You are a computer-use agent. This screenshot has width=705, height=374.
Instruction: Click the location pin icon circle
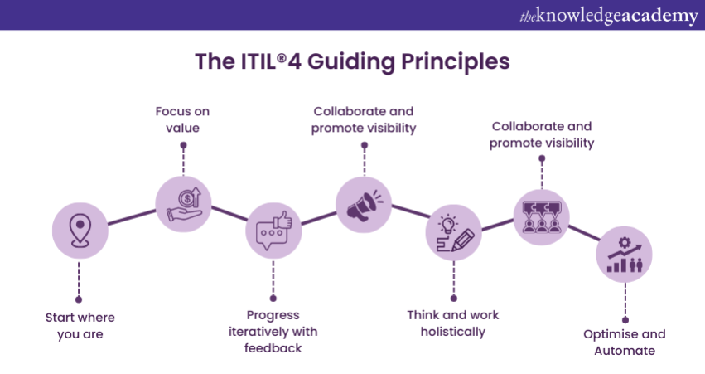(x=80, y=231)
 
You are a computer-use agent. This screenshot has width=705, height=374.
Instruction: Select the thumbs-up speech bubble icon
(x=273, y=231)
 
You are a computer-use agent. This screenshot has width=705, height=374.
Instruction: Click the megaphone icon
(x=363, y=204)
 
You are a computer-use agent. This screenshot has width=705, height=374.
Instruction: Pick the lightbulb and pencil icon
(x=453, y=231)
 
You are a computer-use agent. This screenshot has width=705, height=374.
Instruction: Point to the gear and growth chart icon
(x=625, y=255)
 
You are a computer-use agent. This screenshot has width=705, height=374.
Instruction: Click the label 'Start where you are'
(x=80, y=326)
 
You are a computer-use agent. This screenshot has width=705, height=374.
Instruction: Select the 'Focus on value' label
(x=183, y=119)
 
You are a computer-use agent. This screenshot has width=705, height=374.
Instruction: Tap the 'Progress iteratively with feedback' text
(x=273, y=332)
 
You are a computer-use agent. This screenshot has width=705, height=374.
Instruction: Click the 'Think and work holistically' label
(x=453, y=323)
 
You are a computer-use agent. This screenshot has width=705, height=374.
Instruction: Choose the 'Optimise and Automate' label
(x=625, y=342)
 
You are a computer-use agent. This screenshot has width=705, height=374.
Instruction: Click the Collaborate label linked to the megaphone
(x=363, y=119)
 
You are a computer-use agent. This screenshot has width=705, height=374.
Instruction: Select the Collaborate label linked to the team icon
(x=542, y=135)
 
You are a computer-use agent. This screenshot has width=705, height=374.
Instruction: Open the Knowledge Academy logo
(x=608, y=15)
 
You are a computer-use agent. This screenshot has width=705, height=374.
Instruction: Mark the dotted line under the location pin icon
(x=80, y=279)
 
